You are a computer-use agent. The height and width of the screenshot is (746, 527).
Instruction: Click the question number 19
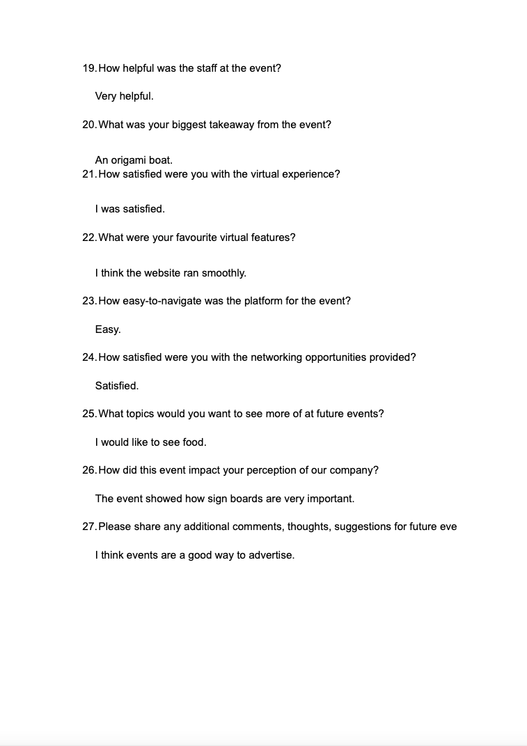(x=89, y=68)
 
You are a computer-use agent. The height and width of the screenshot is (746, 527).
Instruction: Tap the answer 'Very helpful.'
(x=124, y=96)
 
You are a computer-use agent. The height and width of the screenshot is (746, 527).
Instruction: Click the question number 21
(x=89, y=174)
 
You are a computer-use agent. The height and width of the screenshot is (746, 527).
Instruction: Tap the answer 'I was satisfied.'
(x=129, y=209)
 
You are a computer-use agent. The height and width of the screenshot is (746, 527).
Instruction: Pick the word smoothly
(x=223, y=273)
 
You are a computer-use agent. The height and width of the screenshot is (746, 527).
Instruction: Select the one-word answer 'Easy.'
(x=108, y=329)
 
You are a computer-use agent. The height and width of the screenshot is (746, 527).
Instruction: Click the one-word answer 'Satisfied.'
(x=117, y=386)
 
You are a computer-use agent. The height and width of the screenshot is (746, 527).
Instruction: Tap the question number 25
(x=89, y=414)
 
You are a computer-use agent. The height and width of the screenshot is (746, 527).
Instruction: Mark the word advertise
(x=272, y=556)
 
